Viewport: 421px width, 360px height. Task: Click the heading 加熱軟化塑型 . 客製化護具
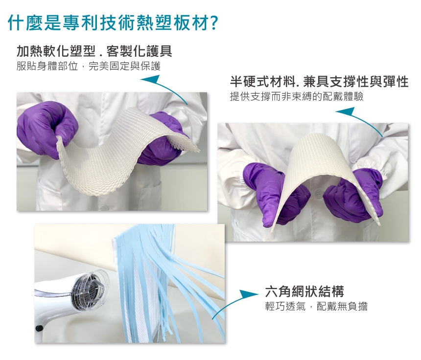point(94,51)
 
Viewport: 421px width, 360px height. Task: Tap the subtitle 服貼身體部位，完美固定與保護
point(89,66)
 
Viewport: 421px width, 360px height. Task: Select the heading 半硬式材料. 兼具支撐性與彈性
point(319,82)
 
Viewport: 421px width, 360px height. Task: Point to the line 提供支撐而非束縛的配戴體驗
point(297,96)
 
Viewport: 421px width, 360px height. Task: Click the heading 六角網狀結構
point(304,292)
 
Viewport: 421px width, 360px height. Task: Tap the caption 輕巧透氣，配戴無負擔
point(316,306)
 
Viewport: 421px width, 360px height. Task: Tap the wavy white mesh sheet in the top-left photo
point(126,150)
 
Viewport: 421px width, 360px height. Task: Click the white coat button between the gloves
point(318,192)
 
